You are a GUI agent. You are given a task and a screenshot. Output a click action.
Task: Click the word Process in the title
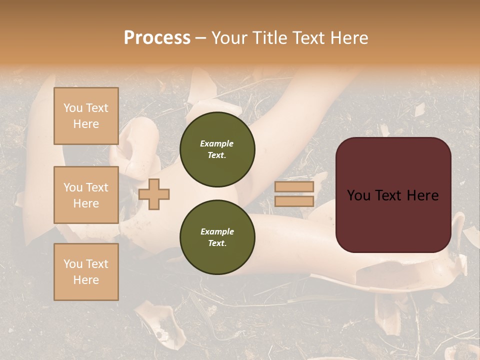click(x=157, y=38)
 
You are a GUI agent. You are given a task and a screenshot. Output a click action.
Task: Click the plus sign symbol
click(x=154, y=193)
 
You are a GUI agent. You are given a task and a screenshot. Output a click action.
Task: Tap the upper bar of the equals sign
click(x=294, y=186)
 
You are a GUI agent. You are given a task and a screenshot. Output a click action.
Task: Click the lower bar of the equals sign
click(x=294, y=201)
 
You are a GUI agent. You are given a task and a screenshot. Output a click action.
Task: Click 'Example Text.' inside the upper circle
click(x=217, y=149)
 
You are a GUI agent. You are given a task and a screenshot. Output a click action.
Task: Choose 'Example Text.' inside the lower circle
click(x=217, y=237)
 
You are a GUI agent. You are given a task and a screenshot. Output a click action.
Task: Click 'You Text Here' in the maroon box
click(x=393, y=195)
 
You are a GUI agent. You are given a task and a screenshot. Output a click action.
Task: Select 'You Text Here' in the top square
click(x=86, y=116)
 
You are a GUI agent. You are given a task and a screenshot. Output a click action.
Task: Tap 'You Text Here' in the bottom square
click(x=86, y=271)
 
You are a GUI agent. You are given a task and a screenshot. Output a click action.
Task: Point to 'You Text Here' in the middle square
click(x=86, y=195)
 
